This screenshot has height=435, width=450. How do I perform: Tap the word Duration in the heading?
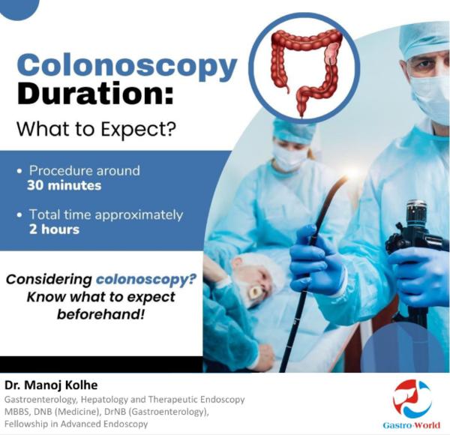95,94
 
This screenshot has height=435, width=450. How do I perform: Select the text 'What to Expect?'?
96,129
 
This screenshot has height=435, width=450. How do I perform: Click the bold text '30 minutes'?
64,185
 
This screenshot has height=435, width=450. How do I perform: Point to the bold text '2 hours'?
54,229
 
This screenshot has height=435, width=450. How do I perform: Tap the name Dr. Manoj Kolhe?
51,385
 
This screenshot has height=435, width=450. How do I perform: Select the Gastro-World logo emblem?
412,399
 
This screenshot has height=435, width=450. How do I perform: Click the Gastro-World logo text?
411,425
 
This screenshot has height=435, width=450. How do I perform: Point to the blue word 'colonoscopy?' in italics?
146,279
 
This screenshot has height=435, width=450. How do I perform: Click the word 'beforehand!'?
100,314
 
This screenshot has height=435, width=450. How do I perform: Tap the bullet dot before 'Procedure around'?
19,171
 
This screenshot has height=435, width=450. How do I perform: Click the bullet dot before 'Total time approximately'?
19,215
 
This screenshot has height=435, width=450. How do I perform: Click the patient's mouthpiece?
255,292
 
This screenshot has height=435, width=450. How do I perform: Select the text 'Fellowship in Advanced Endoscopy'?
76,424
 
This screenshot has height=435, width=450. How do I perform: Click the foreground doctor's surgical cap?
424,40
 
